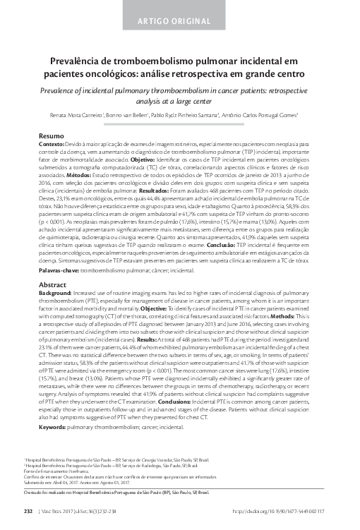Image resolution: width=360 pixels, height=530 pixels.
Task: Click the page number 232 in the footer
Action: (x=28, y=510)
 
